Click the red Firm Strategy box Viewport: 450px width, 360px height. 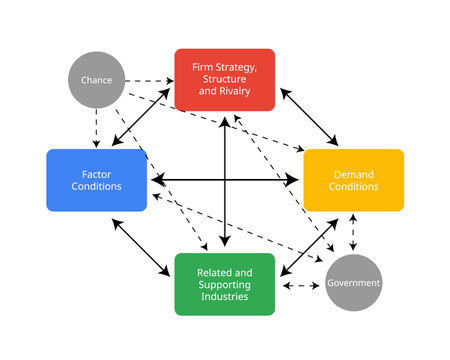click(224, 79)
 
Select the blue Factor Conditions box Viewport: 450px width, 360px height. click(97, 180)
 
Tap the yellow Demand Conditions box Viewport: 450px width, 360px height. click(353, 180)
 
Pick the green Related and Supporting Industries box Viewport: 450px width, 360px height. click(224, 283)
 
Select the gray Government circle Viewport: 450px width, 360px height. click(353, 283)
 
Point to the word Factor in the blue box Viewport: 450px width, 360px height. click(97, 174)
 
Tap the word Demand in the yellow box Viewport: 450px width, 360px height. click(353, 174)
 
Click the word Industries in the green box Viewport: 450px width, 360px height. click(224, 296)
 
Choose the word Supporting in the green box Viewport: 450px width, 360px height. click(224, 284)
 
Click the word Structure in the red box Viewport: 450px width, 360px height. click(224, 79)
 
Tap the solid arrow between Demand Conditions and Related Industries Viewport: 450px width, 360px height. click(308, 245)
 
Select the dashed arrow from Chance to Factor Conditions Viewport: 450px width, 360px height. click(97, 125)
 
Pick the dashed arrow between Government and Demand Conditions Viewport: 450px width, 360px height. click(353, 232)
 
